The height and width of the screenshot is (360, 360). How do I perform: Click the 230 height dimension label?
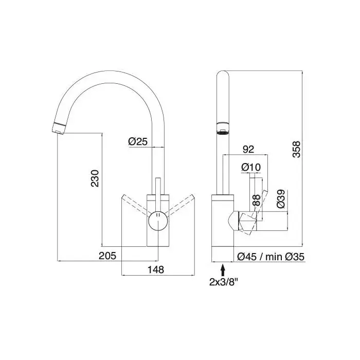(95, 178)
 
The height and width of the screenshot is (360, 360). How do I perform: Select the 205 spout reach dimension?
(107, 256)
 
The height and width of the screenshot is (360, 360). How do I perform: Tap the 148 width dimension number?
(156, 270)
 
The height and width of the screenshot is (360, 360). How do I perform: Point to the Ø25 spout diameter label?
(138, 141)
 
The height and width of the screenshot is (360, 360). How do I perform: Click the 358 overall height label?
(296, 149)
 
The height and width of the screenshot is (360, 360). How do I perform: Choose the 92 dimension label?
(248, 149)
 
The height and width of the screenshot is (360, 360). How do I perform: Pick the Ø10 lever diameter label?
(251, 167)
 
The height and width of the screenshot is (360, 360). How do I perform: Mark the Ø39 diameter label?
(281, 199)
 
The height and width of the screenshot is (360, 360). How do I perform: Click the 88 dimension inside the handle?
(257, 200)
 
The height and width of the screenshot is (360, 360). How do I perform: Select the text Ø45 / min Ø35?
(271, 257)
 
